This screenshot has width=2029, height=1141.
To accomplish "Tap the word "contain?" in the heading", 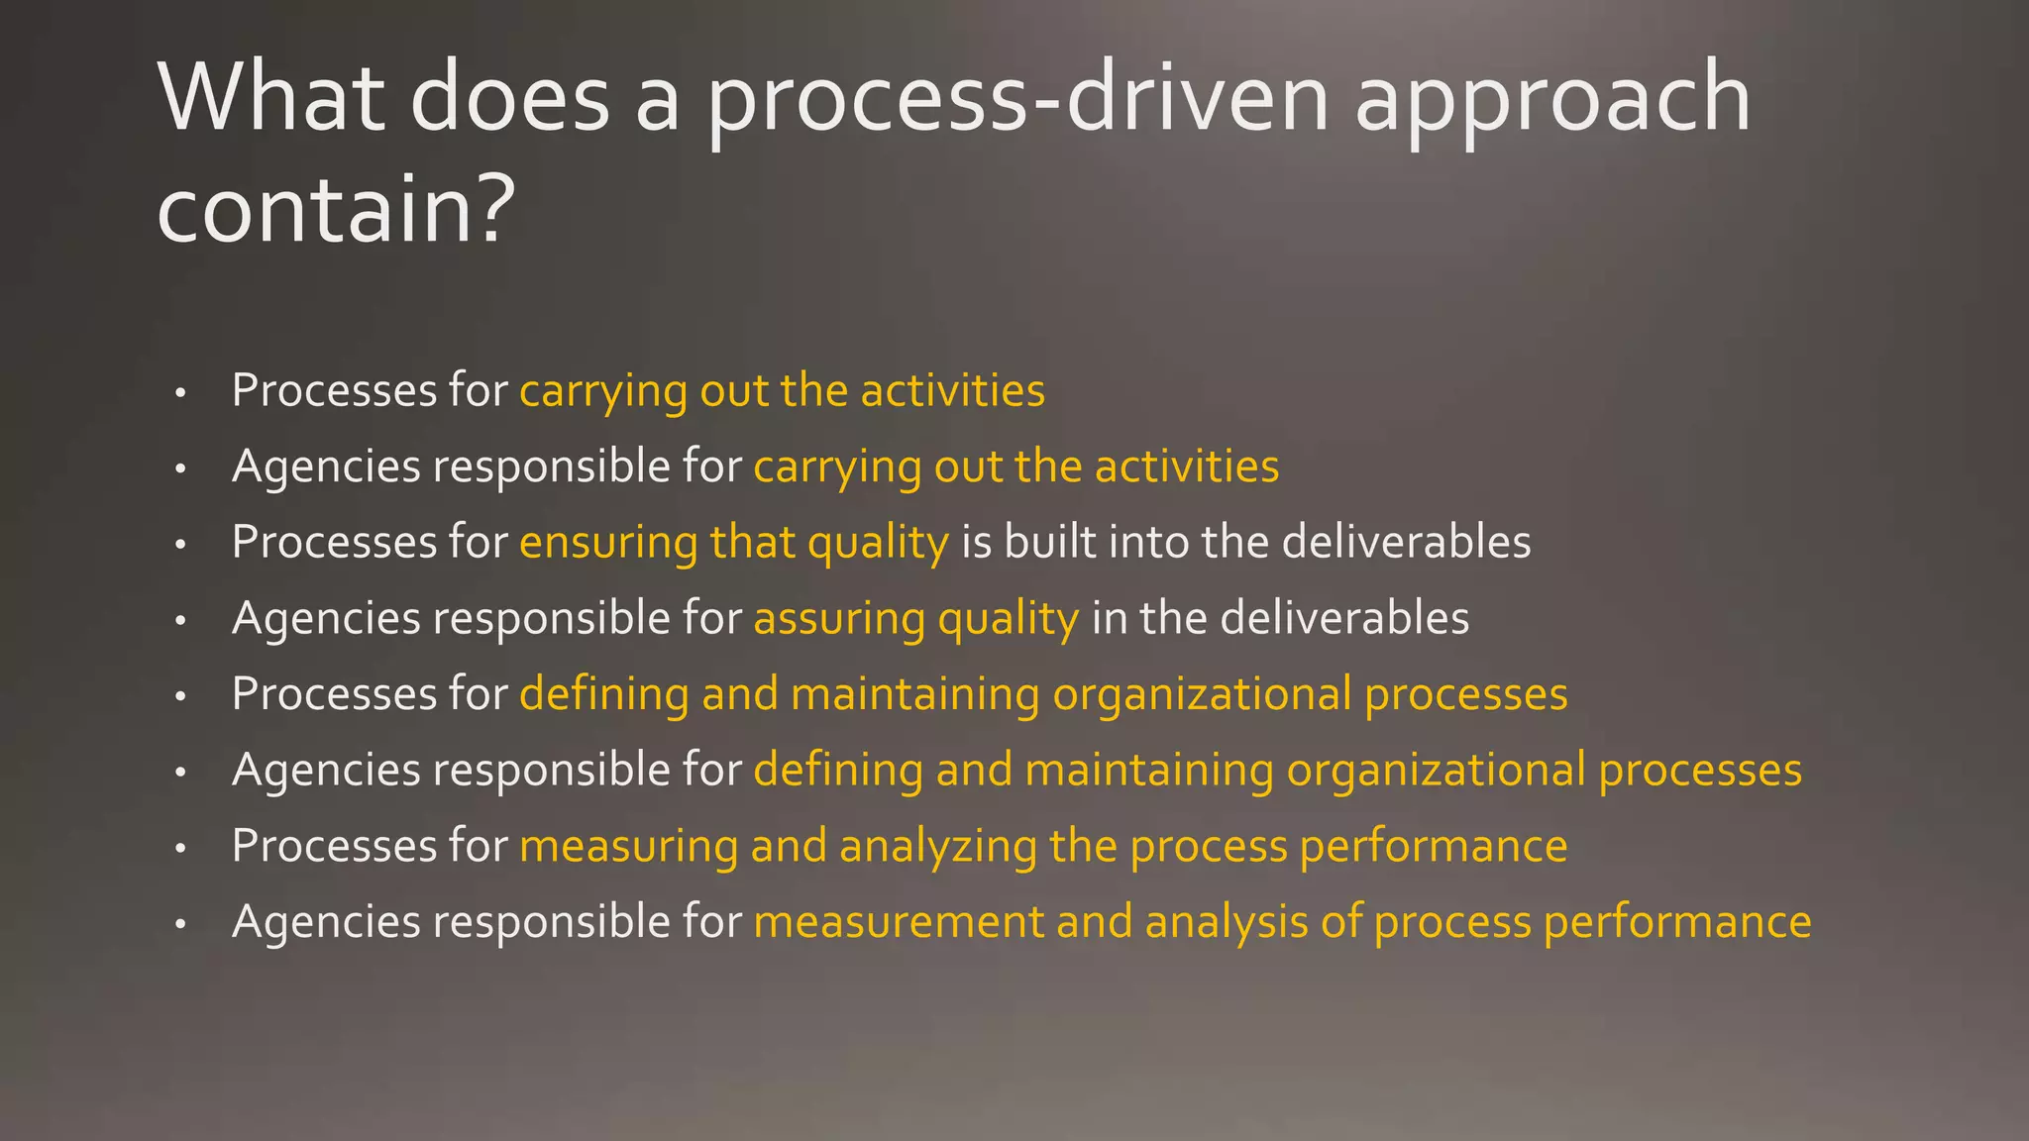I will point(336,209).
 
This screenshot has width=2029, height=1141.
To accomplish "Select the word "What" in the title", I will point(270,97).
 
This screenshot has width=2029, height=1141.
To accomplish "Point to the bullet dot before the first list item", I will point(180,394).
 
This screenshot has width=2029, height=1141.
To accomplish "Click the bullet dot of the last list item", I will point(180,925).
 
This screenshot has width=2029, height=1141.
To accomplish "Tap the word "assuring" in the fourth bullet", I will point(838,620).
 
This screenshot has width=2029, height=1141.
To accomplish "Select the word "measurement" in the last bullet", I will point(898,922).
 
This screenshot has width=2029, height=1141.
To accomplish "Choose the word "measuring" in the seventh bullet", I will point(628,848).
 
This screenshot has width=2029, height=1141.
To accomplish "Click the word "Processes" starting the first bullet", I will point(334,390).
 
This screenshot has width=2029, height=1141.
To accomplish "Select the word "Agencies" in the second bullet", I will point(326,467).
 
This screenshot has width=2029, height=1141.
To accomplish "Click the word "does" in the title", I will point(509,97).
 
